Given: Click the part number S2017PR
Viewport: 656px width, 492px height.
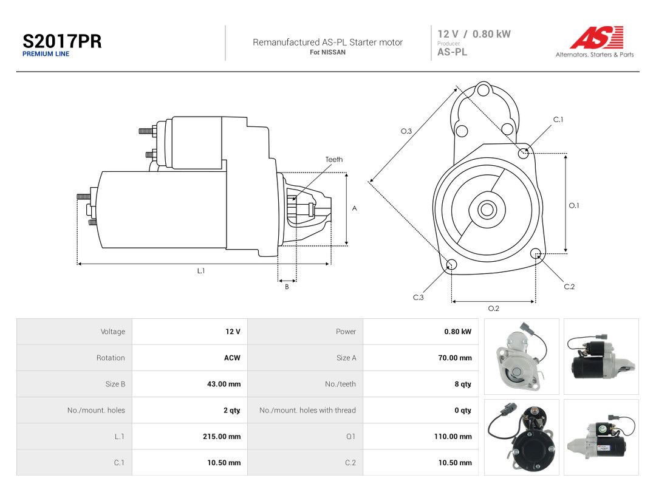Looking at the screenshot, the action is pyautogui.click(x=62, y=41).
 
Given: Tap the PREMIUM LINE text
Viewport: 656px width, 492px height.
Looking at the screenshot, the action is pyautogui.click(x=46, y=54).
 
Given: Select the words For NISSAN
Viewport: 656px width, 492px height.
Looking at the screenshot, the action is pyautogui.click(x=327, y=52).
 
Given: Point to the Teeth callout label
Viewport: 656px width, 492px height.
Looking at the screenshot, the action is pyautogui.click(x=334, y=159).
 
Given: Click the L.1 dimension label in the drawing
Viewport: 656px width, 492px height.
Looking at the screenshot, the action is pyautogui.click(x=201, y=271).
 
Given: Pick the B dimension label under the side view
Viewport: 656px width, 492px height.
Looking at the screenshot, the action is pyautogui.click(x=287, y=287).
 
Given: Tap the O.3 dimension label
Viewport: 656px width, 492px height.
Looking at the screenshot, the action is pyautogui.click(x=406, y=131).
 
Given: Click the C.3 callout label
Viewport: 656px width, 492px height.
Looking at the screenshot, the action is pyautogui.click(x=419, y=297).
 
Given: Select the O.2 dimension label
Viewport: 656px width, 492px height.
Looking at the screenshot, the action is pyautogui.click(x=494, y=309).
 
